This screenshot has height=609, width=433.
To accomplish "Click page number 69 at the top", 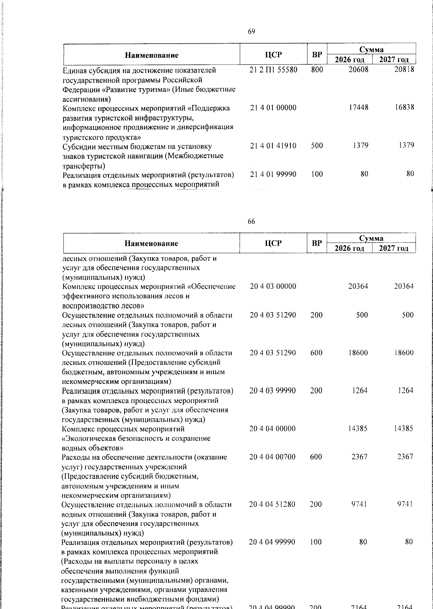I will pyautogui.click(x=252, y=31).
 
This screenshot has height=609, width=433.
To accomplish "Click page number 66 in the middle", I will pyautogui.click(x=251, y=222).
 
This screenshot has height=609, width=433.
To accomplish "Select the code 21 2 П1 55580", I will pyautogui.click(x=273, y=69).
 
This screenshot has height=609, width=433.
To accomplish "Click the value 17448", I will pyautogui.click(x=358, y=107).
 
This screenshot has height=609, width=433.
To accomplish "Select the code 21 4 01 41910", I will pyautogui.click(x=273, y=146).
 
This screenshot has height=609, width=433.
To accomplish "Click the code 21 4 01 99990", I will pyautogui.click(x=273, y=174).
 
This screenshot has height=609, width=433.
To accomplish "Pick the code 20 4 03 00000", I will pyautogui.click(x=273, y=286).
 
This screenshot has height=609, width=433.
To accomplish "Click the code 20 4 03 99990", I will pyautogui.click(x=273, y=390).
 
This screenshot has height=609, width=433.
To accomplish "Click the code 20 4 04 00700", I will pyautogui.click(x=272, y=457).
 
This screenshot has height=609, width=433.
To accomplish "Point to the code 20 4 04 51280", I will pyautogui.click(x=272, y=504).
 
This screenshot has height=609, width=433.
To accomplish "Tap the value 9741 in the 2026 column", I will pyautogui.click(x=359, y=504).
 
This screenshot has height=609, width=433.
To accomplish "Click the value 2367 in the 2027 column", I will pyautogui.click(x=405, y=457).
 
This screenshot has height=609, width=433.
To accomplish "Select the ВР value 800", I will pyautogui.click(x=317, y=69).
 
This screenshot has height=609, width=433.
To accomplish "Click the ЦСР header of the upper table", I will pyautogui.click(x=273, y=55).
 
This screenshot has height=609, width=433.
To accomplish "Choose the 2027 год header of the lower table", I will pyautogui.click(x=394, y=248).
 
